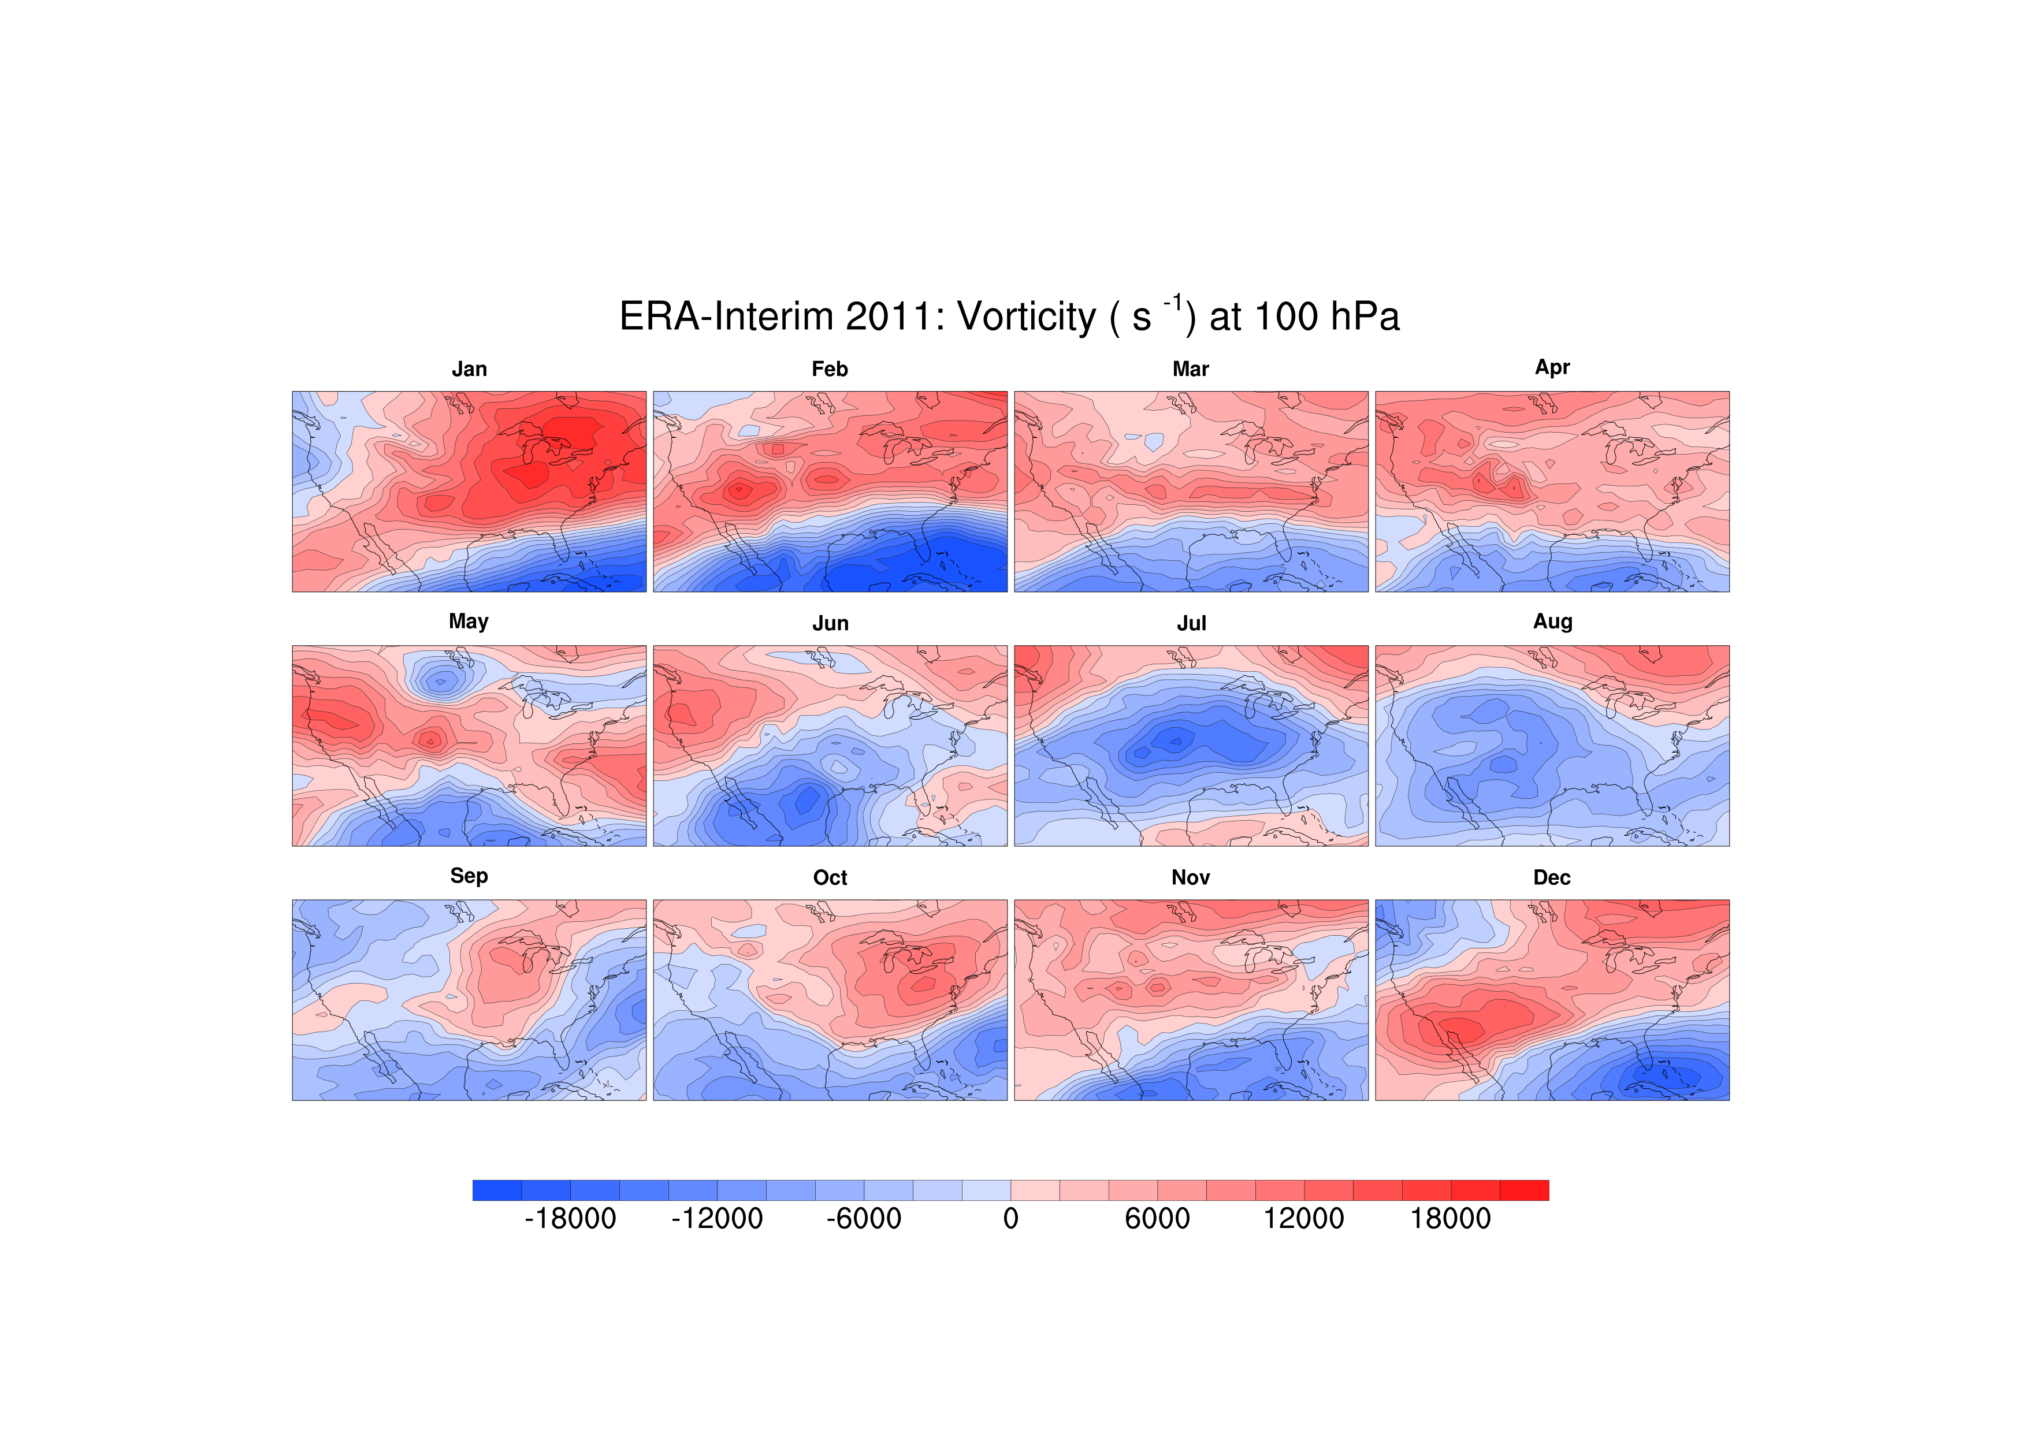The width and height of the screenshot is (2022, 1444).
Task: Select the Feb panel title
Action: click(830, 369)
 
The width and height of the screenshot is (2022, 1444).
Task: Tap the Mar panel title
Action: click(1191, 369)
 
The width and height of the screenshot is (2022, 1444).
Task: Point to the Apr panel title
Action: click(1552, 368)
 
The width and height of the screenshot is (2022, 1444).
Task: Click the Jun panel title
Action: click(830, 623)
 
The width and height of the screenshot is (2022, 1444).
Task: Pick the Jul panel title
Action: click(1191, 623)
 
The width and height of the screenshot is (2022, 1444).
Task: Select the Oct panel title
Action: click(830, 877)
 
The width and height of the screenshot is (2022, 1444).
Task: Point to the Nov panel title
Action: click(1191, 877)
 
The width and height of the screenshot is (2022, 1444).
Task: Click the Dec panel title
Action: click(1552, 877)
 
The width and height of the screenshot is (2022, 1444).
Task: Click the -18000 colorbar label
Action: click(570, 1218)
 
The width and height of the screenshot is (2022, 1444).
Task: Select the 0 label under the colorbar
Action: click(1010, 1218)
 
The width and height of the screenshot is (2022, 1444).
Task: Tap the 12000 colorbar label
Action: click(1303, 1218)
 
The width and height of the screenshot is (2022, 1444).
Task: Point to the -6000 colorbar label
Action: click(864, 1218)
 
